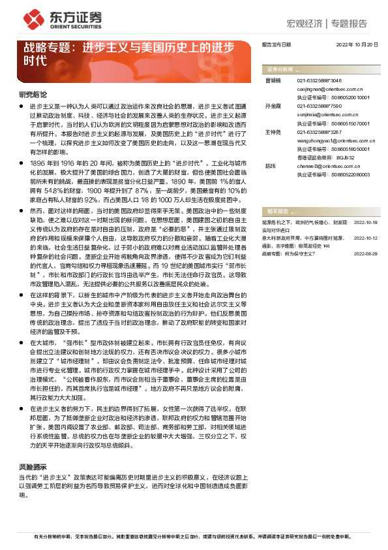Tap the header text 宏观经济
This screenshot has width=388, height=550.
305,24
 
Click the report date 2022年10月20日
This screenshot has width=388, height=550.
357,44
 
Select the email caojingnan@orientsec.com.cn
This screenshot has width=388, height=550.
324,88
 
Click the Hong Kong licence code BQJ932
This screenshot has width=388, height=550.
343,157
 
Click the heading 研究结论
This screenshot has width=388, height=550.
32,94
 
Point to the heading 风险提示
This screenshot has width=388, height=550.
32,468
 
